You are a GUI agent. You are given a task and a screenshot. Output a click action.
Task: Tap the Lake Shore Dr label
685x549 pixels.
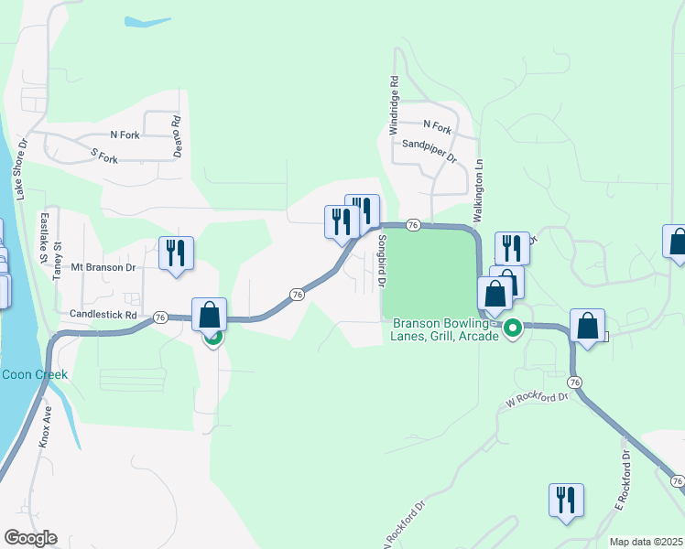21,170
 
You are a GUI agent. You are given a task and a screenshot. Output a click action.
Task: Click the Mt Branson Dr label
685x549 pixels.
105,268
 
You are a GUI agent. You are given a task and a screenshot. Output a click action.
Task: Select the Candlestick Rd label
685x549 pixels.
103,314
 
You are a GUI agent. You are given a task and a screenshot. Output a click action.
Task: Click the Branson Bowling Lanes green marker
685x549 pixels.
514,327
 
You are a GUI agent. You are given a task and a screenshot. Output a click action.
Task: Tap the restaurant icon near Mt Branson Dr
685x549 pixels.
176,253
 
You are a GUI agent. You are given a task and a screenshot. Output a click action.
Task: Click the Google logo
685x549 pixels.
30,538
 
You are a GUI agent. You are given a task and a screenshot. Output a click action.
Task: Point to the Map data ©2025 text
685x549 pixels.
645,542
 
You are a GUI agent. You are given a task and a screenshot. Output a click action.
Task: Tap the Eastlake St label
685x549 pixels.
42,238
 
